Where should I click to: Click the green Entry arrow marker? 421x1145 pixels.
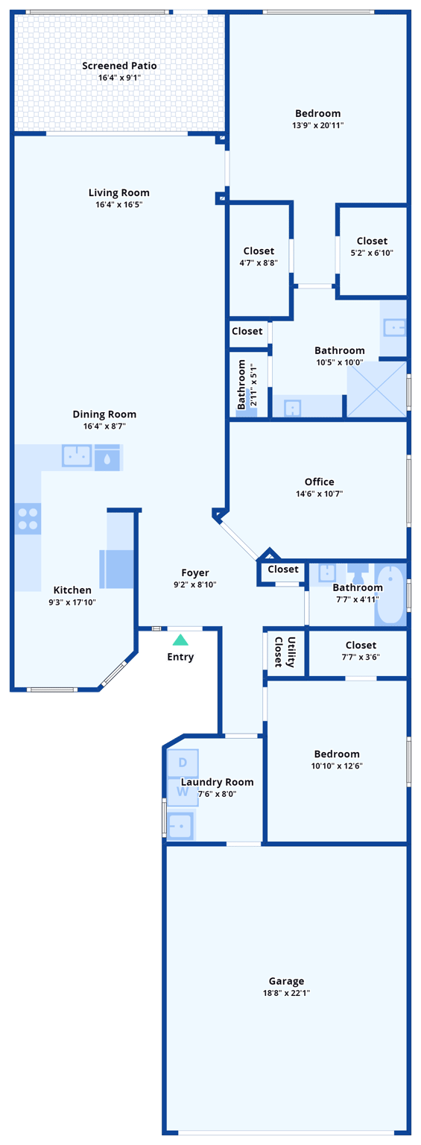[x=180, y=640]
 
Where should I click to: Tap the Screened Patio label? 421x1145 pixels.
[x=119, y=66]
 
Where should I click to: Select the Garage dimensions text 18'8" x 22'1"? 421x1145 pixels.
[x=286, y=993]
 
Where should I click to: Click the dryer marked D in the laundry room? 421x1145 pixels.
[x=183, y=763]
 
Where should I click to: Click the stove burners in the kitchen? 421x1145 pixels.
[x=28, y=519]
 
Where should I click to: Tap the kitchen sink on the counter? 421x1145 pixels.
[x=77, y=455]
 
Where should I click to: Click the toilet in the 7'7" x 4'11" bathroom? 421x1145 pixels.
[x=358, y=573]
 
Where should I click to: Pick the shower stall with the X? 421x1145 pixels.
[x=377, y=389]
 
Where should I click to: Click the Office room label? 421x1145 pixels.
[x=319, y=482]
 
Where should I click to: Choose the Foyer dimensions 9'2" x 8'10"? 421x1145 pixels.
[x=195, y=585]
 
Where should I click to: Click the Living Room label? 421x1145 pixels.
[x=119, y=193]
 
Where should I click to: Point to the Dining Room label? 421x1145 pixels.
[x=104, y=414]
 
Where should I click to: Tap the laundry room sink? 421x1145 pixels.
[x=180, y=825]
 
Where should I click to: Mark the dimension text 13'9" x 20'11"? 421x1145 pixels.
[x=318, y=125]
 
